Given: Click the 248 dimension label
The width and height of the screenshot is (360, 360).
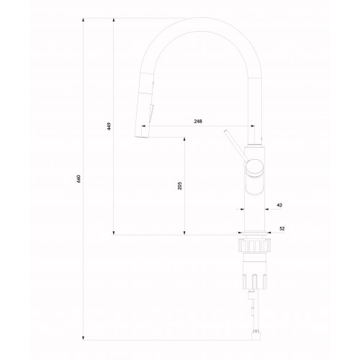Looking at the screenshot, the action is coord(198,122).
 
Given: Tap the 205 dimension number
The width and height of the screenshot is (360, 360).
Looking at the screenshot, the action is coord(180,186).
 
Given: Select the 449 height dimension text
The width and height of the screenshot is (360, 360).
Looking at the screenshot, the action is coord(109,126).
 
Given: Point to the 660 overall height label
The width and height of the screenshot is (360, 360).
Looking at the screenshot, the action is coord(79,179).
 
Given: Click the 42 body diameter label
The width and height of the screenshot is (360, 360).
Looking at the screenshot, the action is coord(279,205).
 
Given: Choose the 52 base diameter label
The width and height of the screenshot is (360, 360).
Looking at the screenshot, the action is coord(282,228).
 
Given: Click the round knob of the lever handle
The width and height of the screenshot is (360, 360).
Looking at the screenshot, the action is coord(254,168).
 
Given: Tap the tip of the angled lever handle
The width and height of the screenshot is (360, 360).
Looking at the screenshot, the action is coord(225,131).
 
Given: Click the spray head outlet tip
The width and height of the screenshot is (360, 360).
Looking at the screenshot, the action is coord(141,137).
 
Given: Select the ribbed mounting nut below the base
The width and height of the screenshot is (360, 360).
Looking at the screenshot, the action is coord(254,246).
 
